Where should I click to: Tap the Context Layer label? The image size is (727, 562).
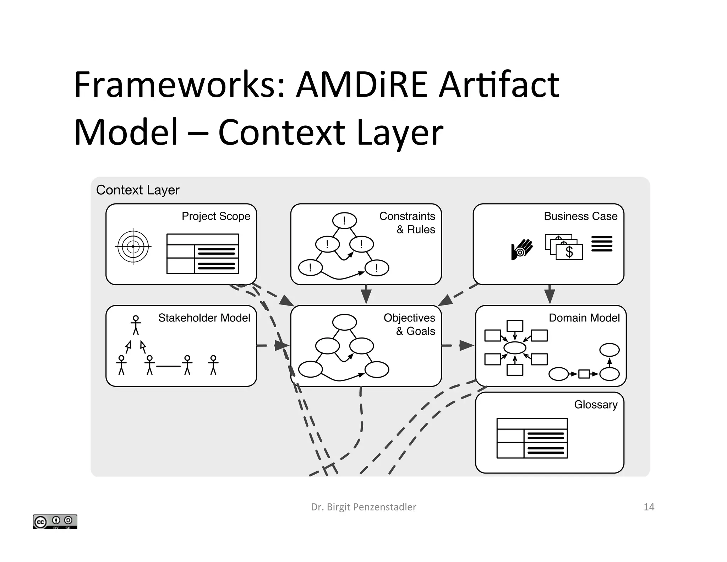point(137,190)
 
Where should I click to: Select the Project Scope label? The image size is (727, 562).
point(216,216)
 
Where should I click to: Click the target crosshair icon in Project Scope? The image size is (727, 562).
point(133,246)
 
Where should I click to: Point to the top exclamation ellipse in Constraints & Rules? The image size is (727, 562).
point(344,221)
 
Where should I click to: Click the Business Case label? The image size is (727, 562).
point(580,216)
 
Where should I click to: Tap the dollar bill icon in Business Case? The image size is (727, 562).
point(564,247)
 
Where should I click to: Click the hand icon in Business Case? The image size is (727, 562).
point(521,249)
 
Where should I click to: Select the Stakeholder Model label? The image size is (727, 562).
point(204,318)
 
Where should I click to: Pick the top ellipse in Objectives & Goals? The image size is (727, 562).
point(344,322)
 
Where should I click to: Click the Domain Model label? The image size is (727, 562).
point(584,318)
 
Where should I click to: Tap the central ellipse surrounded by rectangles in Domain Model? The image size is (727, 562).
point(515,347)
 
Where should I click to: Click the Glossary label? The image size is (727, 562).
point(596,404)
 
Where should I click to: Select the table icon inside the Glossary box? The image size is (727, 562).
point(532,438)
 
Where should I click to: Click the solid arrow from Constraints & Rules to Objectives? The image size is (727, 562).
point(366,294)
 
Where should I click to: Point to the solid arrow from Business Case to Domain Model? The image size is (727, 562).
point(550,294)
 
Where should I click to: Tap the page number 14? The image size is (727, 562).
point(649,507)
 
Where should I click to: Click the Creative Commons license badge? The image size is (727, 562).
point(55,522)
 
